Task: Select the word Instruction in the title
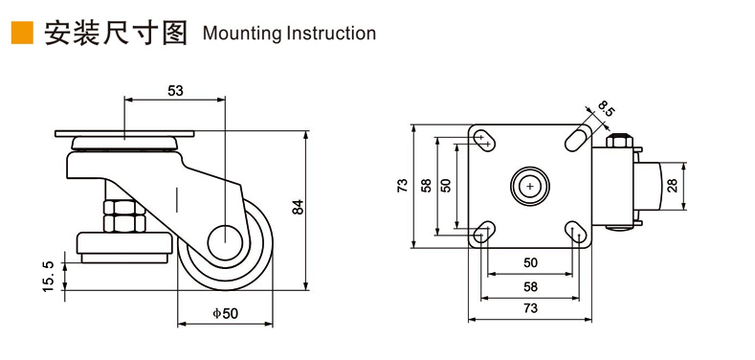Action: tap(330, 33)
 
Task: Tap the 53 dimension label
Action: tap(176, 91)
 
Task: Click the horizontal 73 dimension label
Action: tap(530, 308)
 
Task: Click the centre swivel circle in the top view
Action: tap(530, 185)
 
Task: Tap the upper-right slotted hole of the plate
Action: tap(577, 138)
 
